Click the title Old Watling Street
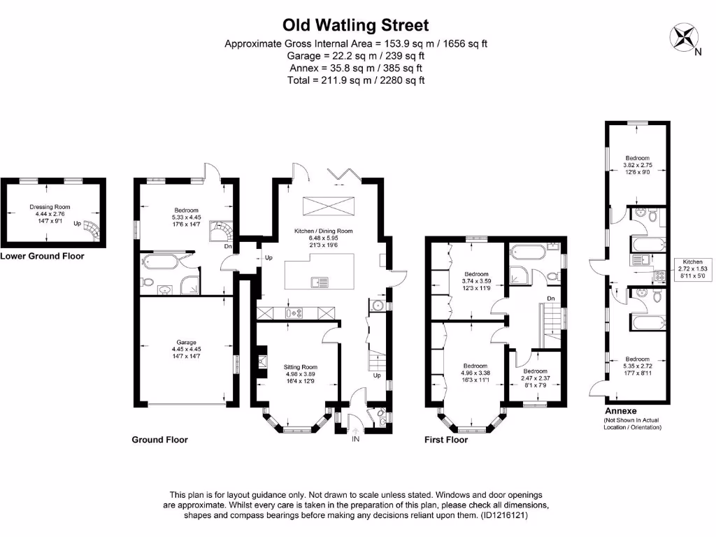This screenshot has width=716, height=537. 355,25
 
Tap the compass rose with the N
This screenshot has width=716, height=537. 684,36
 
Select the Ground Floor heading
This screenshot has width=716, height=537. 159,440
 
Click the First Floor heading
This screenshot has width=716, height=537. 446,440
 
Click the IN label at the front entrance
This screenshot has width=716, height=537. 355,439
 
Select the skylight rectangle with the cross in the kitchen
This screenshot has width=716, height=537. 328,208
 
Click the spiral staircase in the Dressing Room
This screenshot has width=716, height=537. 91,229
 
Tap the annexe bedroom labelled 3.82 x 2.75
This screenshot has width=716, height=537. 637,166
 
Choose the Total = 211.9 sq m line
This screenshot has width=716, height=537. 355,80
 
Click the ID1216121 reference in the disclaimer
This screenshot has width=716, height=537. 499,515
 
